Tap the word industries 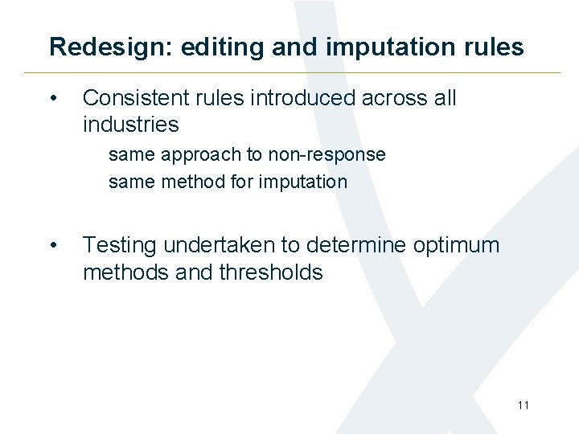[x=130, y=125]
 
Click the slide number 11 [x=524, y=405]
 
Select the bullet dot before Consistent [x=53, y=99]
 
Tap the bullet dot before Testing [x=53, y=246]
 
